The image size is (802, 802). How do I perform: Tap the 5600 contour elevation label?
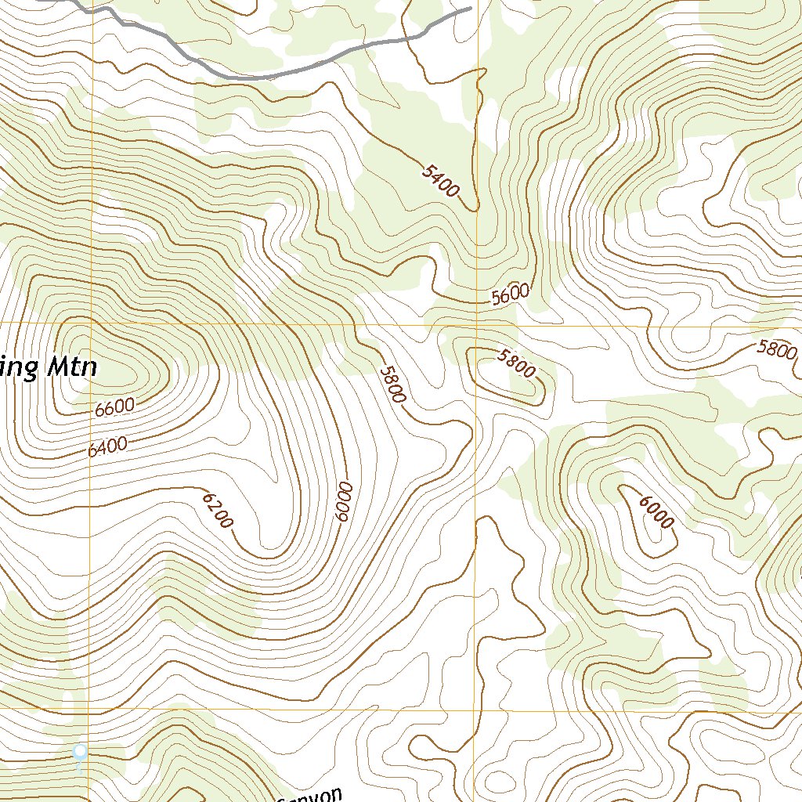click(511, 294)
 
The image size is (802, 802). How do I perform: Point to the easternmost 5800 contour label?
click(777, 349)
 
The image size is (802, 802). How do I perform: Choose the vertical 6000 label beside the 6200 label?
click(343, 503)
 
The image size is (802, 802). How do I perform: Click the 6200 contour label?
click(218, 510)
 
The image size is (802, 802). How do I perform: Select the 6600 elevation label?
click(114, 408)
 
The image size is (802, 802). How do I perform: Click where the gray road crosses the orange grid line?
click(92, 11)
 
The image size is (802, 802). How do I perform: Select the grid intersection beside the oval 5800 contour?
click(476, 324)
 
